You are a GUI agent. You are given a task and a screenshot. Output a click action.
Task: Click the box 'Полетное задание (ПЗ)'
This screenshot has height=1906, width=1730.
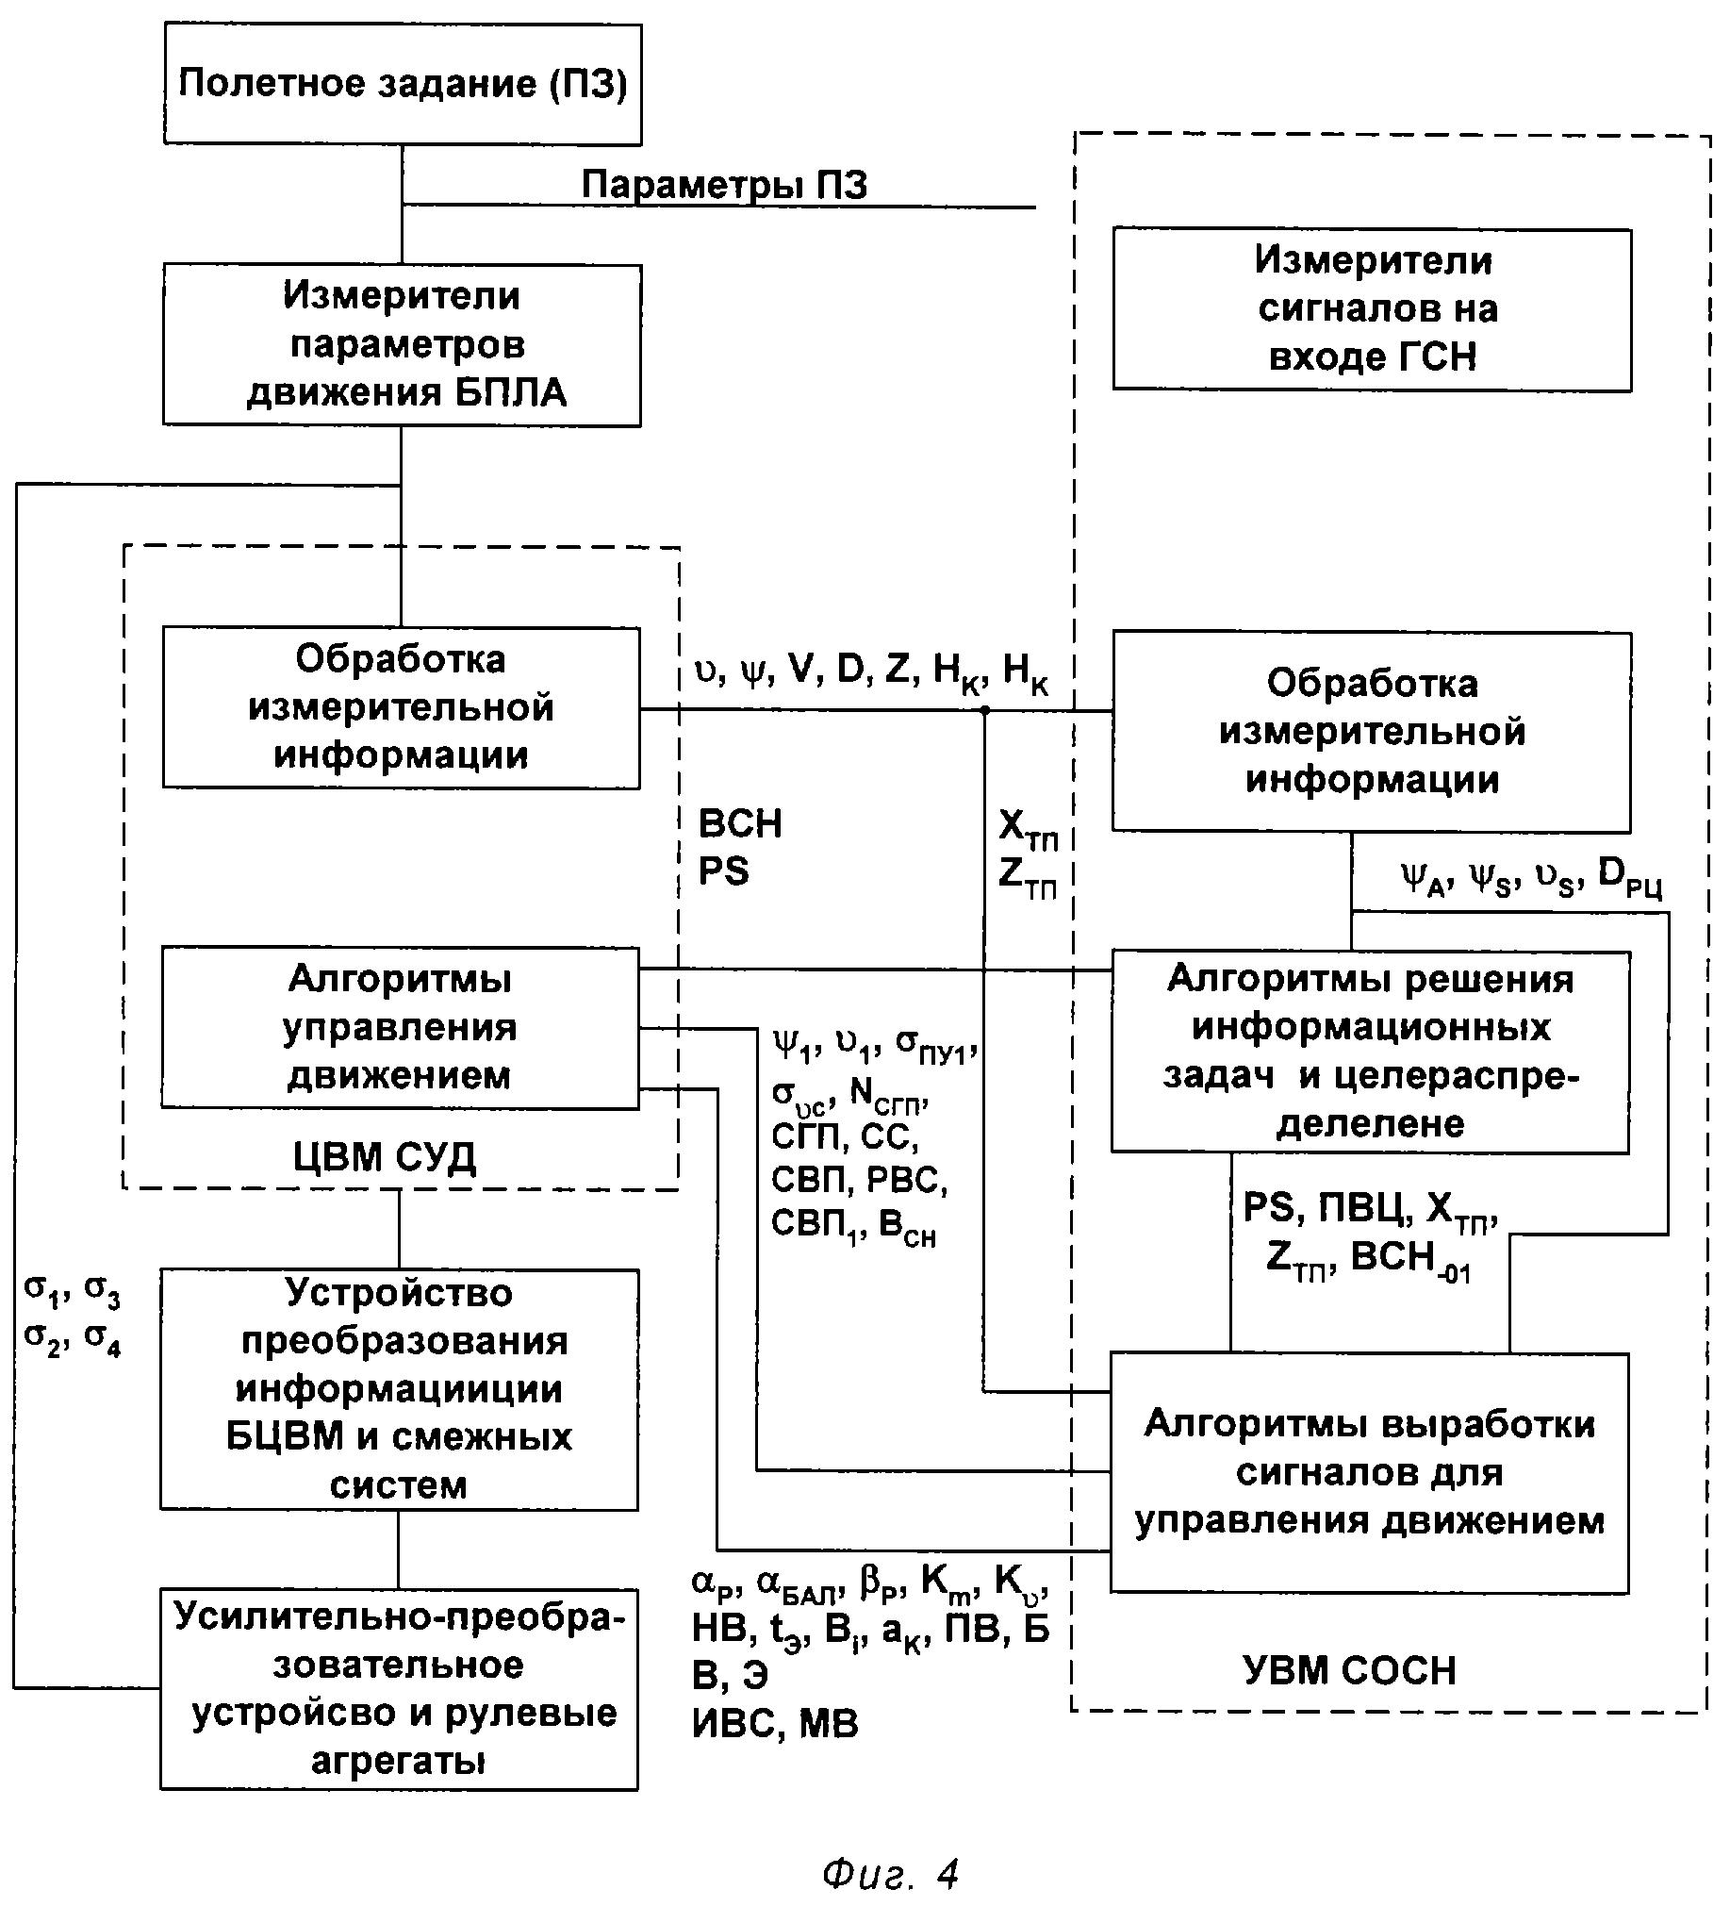point(403,84)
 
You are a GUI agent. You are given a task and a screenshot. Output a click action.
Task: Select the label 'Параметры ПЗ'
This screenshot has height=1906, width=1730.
point(724,185)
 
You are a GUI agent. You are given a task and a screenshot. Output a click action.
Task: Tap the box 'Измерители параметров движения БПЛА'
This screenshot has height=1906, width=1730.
point(403,344)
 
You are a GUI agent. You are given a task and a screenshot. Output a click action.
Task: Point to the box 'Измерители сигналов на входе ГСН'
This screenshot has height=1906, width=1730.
point(1372,308)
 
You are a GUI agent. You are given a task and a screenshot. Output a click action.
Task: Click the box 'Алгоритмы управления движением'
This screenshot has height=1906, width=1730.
point(401,1028)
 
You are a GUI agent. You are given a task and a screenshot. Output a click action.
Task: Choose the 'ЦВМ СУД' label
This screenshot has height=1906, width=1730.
point(385,1156)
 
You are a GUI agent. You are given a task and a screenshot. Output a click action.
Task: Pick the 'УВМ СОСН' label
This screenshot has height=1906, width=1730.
point(1349,1670)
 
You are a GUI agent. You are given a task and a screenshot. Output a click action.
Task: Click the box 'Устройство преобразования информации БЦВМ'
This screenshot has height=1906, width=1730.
point(399,1388)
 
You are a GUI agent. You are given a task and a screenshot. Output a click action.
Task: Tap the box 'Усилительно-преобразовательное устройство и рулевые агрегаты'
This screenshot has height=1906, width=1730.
point(399,1688)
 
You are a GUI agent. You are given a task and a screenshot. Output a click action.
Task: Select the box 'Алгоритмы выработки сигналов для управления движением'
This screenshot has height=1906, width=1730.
point(1369,1473)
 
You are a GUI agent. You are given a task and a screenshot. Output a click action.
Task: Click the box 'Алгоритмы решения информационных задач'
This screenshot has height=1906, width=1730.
point(1370,1052)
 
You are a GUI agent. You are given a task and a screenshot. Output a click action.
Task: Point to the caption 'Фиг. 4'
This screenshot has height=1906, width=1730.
point(891,1873)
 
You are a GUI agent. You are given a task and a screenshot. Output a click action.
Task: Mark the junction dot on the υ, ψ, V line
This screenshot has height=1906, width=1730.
point(984,709)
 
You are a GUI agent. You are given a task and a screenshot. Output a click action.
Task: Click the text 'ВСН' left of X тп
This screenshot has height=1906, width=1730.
point(740,823)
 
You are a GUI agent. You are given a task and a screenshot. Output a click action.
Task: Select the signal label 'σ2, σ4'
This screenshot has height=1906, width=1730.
point(73,1338)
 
